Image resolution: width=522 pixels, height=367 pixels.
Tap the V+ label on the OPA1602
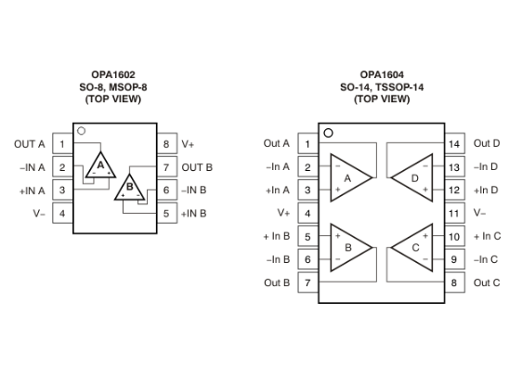[188, 144]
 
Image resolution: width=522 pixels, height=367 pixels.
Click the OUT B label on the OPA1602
[197, 167]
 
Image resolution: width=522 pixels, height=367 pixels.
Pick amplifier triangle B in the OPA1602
[129, 189]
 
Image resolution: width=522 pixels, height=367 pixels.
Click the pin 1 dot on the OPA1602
[82, 132]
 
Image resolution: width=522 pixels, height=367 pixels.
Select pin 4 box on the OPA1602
[62, 214]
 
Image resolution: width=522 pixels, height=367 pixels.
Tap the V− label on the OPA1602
[38, 214]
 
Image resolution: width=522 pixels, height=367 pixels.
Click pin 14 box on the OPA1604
[454, 144]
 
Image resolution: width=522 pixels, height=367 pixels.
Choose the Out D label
[487, 144]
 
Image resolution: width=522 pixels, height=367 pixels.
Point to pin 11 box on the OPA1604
[454, 213]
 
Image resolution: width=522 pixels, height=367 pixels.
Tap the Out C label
[487, 282]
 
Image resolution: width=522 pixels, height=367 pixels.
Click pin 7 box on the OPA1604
[307, 282]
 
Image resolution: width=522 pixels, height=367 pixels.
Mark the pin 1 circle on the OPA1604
[328, 132]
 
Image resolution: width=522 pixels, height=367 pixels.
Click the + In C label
[487, 236]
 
